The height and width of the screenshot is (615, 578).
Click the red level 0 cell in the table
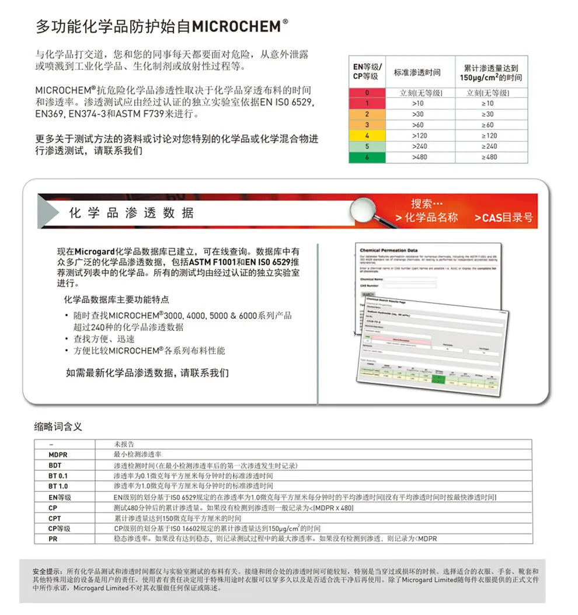point(367,93)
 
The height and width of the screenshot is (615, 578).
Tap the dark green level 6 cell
point(367,157)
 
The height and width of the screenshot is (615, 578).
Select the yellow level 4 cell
point(367,135)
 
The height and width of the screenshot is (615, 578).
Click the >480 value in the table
point(419,157)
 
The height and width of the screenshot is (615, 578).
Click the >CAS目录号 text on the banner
point(503,218)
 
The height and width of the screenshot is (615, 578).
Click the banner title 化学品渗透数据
point(131,212)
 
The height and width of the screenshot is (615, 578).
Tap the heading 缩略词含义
point(58,427)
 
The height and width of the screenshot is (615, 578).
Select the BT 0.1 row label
point(58,476)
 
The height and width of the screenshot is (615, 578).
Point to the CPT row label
point(55,518)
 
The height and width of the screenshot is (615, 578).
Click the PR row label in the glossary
point(53,539)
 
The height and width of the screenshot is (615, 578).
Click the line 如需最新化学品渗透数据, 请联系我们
point(147,372)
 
